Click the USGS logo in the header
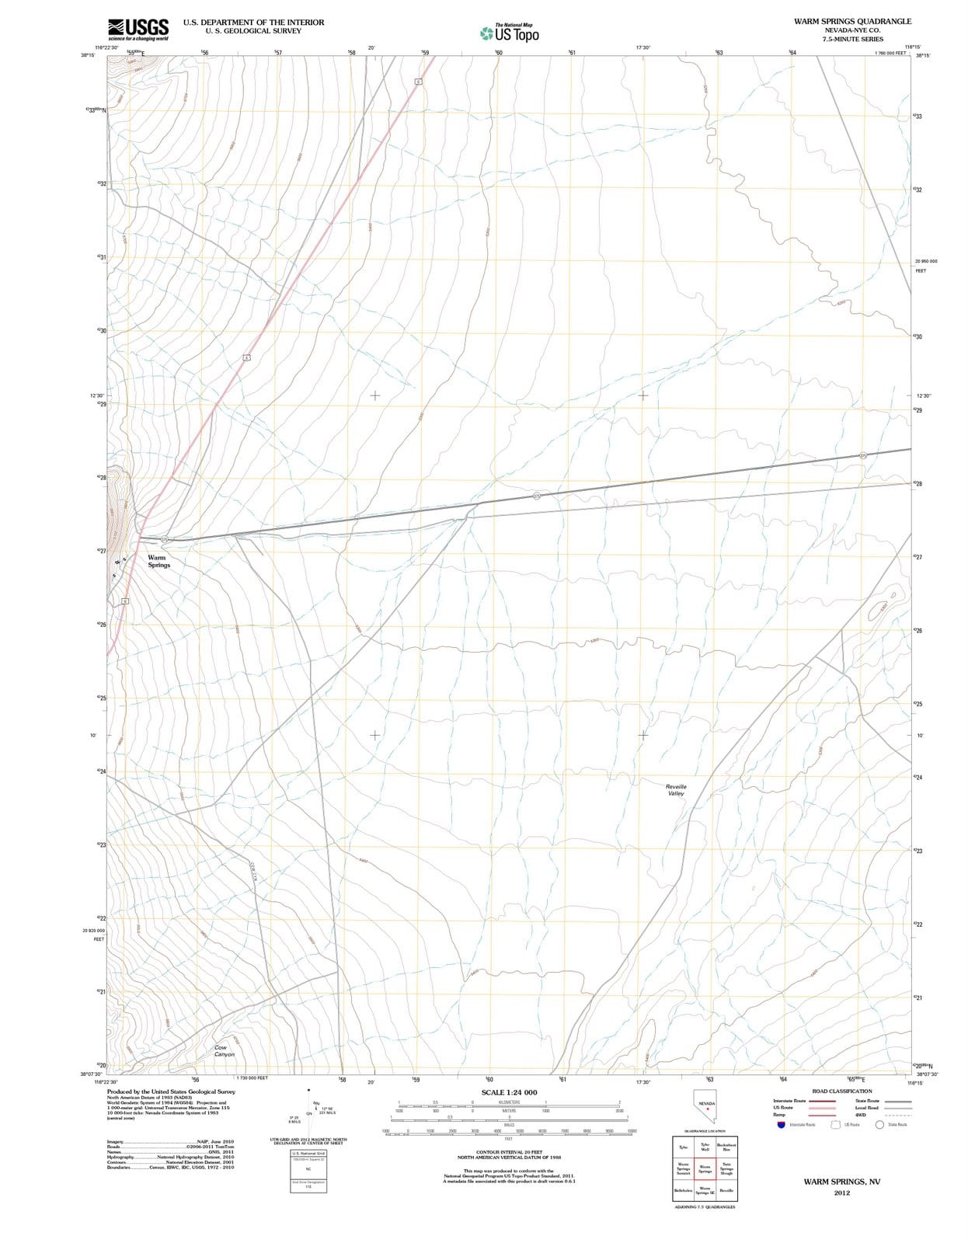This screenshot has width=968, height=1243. tap(138, 29)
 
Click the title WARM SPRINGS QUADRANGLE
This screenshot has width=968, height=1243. tap(852, 22)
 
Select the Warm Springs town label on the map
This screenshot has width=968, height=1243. tap(158, 561)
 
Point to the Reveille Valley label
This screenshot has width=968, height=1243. tap(676, 789)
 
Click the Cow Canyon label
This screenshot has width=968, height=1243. tap(225, 1050)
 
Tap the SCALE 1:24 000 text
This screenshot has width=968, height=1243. tap(509, 1092)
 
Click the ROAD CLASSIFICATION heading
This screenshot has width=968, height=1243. tap(841, 1091)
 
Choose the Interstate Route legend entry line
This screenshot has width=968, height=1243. tap(822, 1101)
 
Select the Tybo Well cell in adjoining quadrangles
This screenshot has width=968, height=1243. tap(705, 1147)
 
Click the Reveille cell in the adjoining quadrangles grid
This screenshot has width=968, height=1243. tap(726, 1190)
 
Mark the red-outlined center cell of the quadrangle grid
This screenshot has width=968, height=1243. tap(705, 1168)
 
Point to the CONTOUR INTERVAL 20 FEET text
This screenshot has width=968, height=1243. tap(509, 1152)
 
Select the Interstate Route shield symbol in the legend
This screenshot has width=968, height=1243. tap(780, 1124)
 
